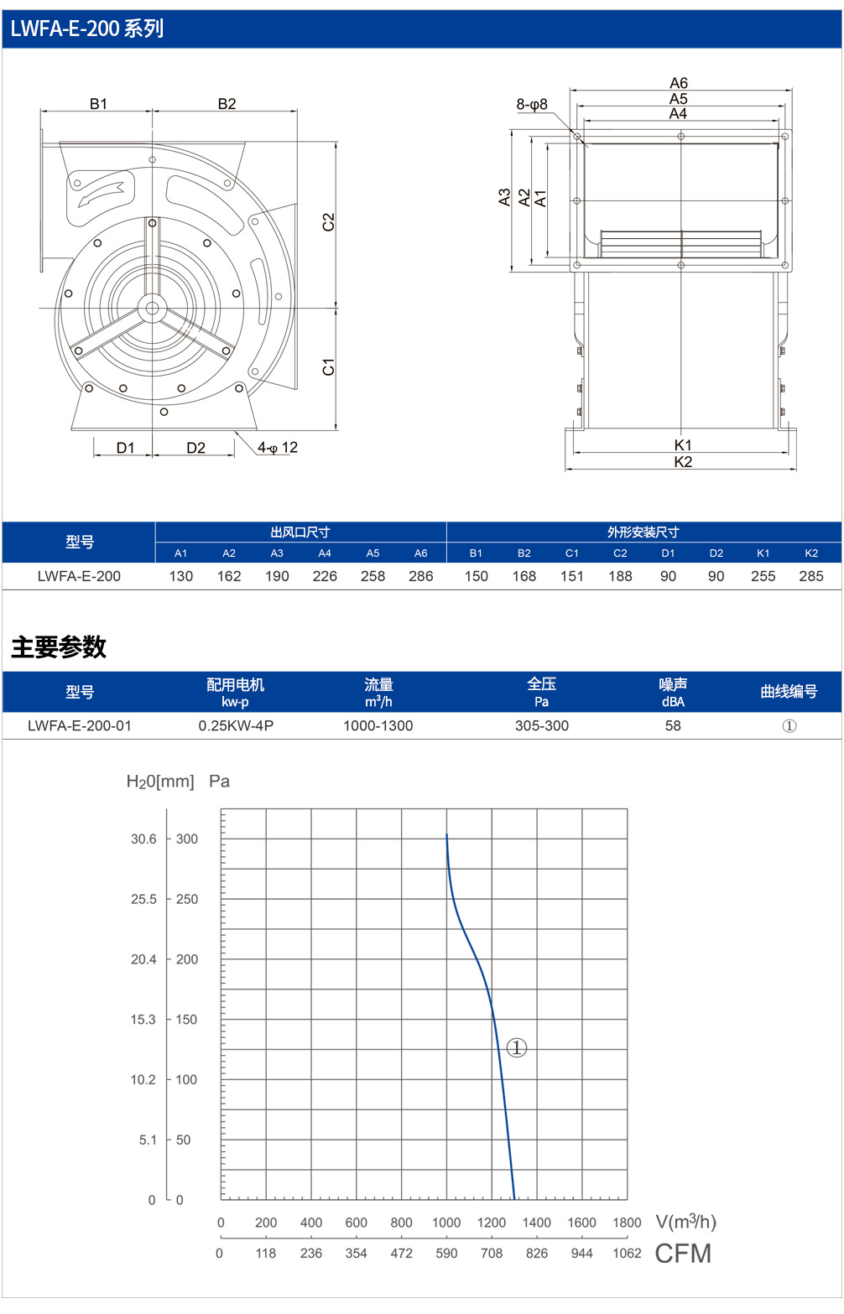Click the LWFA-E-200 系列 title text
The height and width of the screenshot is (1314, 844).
point(87,29)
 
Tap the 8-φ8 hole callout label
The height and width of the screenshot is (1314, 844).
point(532,105)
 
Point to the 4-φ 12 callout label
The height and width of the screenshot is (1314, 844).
point(278,448)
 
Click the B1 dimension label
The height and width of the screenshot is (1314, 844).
point(99,104)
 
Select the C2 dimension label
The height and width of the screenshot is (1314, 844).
point(328,221)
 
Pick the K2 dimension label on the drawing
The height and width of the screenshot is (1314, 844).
point(683,462)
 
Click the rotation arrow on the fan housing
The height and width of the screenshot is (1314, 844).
point(101,194)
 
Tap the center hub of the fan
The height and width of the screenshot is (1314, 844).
point(152,308)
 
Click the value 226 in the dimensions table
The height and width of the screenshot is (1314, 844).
point(325,576)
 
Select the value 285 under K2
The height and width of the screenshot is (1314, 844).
point(810,576)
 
